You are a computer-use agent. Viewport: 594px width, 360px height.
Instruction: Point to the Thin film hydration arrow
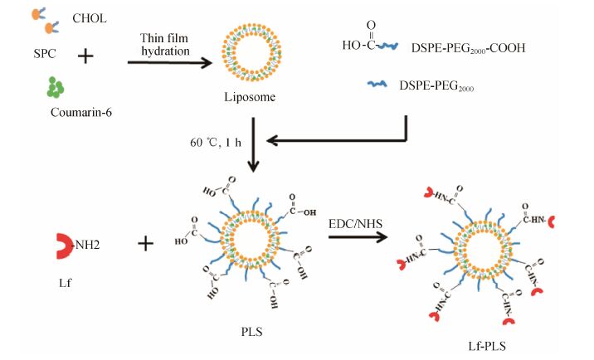click(x=166, y=60)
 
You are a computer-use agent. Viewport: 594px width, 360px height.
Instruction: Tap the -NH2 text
click(x=93, y=246)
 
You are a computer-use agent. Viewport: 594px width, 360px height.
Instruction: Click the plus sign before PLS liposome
click(x=146, y=245)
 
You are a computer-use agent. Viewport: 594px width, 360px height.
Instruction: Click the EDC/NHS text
click(x=357, y=217)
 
